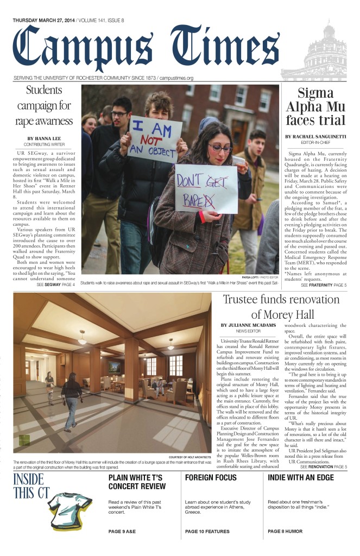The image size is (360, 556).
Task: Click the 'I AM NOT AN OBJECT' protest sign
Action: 154,138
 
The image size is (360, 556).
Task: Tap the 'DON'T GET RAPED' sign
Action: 205,188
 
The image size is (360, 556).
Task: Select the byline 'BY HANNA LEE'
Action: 45,138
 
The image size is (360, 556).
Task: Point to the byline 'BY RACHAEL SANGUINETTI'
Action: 315,136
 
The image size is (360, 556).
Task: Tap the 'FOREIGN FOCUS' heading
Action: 211,478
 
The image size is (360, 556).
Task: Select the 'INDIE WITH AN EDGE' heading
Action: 302,478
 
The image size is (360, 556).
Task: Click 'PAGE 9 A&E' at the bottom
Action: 129,532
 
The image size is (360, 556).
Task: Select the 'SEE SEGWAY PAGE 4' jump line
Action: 55,285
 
